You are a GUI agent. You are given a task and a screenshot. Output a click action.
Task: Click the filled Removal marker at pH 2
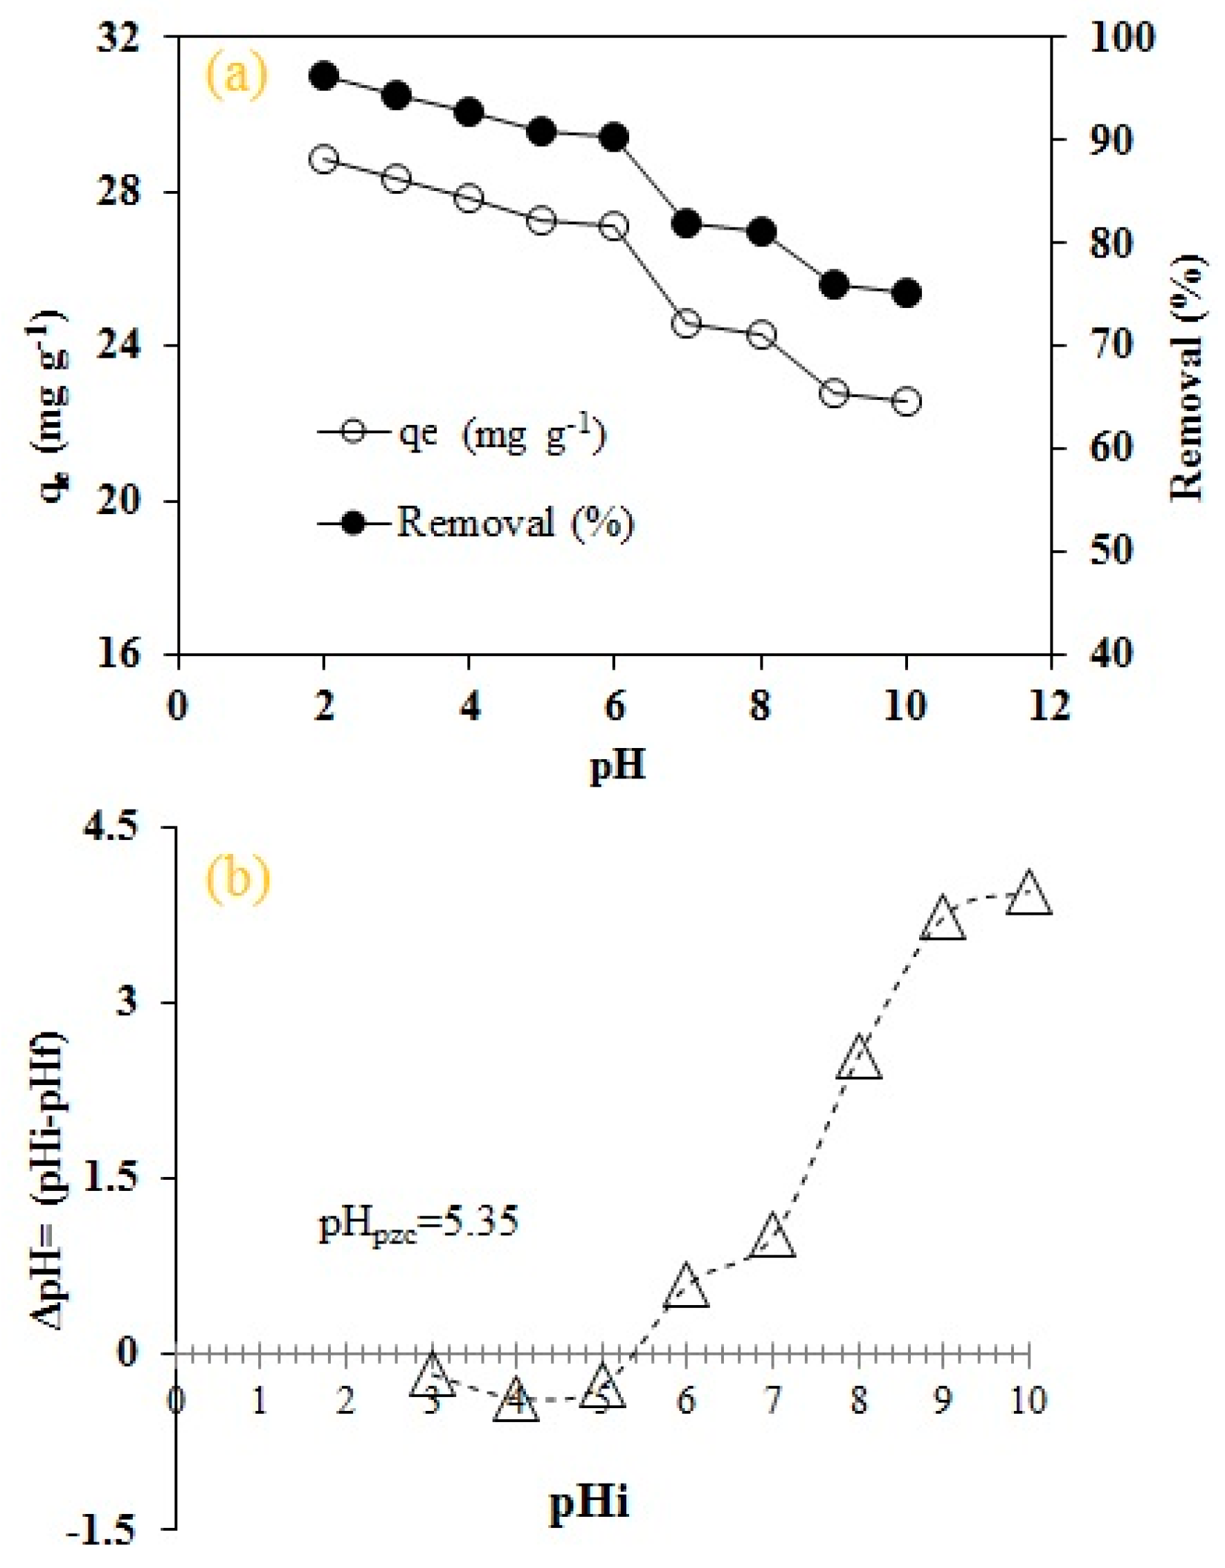pos(324,75)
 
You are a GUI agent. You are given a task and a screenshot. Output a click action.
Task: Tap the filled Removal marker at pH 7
pos(687,224)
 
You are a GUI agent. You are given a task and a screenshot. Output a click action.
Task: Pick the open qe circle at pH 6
pos(614,226)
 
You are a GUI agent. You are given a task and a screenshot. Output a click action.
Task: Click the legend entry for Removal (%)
pos(477,522)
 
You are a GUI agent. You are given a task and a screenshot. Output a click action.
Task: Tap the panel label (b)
pos(238,878)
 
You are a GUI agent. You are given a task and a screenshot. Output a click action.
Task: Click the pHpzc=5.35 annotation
pos(418,1223)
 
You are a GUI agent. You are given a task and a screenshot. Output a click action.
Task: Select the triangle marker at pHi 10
pos(1029,894)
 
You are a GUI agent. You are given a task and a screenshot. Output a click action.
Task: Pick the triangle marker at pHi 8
pos(859,1059)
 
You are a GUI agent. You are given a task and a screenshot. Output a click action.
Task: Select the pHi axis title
pos(589,1500)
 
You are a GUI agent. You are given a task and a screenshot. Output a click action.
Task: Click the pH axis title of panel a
pos(617,767)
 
